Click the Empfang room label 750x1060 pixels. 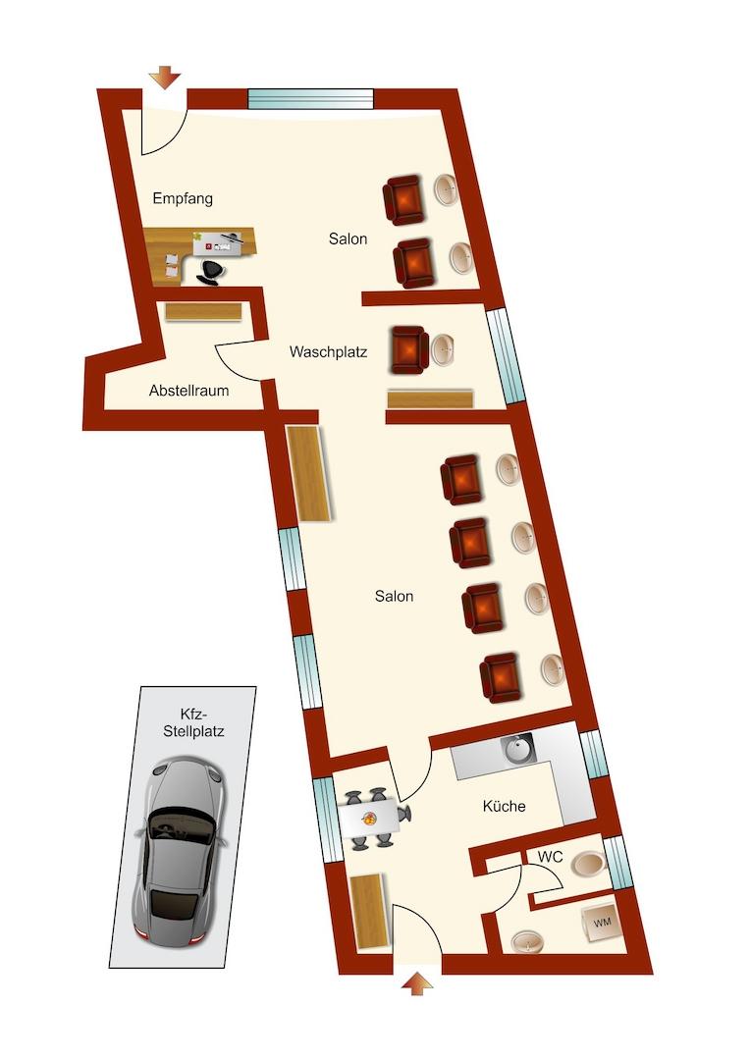click(183, 198)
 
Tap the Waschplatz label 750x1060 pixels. click(328, 351)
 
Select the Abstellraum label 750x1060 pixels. click(188, 390)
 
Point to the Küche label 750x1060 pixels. click(504, 806)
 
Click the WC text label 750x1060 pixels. click(550, 857)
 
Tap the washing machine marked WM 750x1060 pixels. click(601, 922)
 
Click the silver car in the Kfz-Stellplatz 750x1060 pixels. click(181, 852)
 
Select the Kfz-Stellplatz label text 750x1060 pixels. click(193, 722)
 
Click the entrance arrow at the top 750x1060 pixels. click(165, 78)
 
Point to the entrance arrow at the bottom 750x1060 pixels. click(416, 983)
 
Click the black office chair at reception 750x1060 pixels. click(211, 272)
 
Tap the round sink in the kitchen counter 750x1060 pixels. click(517, 749)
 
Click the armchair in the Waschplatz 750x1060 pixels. click(409, 350)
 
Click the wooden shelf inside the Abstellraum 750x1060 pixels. click(203, 311)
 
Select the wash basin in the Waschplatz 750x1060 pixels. click(445, 348)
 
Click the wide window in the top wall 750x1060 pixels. click(310, 99)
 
